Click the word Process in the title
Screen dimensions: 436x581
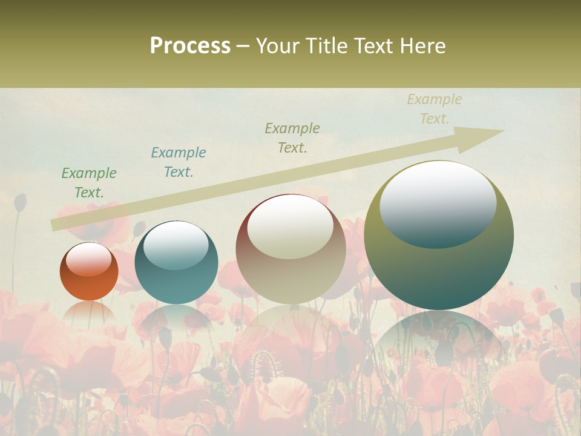click(190, 46)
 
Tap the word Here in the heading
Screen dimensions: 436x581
click(421, 46)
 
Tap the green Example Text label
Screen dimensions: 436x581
click(89, 183)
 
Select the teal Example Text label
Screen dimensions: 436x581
click(178, 162)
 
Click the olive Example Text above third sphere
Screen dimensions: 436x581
click(292, 138)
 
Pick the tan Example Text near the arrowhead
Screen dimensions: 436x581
click(434, 109)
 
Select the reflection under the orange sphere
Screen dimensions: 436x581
click(89, 312)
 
